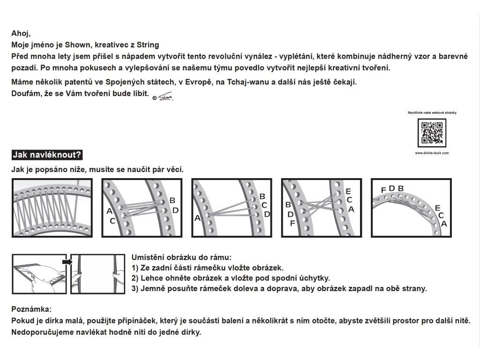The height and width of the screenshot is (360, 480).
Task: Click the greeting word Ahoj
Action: click(20, 33)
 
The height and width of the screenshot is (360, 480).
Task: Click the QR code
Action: click(432, 133)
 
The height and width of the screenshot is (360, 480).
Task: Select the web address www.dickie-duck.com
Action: click(432, 153)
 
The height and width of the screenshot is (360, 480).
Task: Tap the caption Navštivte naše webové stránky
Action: click(432, 113)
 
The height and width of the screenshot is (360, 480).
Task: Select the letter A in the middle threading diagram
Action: click(197, 217)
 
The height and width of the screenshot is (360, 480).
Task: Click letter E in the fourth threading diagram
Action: click(348, 191)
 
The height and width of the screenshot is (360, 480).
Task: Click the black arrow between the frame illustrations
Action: click(67, 262)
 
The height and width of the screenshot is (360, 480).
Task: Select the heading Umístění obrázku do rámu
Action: click(181, 257)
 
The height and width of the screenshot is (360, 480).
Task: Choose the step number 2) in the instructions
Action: click(136, 278)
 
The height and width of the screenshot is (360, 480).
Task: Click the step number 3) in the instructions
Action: click(136, 288)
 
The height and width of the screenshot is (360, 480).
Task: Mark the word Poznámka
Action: click(31, 310)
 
